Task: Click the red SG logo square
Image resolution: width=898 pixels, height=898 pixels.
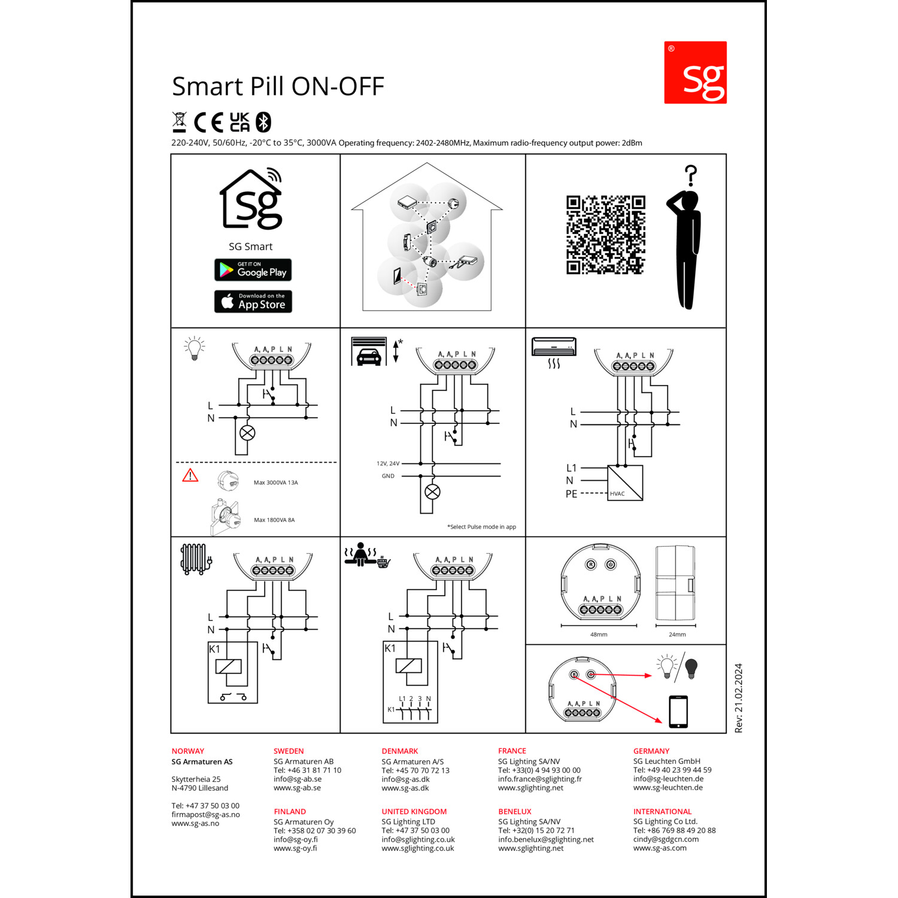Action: [x=695, y=72]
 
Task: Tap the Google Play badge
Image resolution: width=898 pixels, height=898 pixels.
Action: [x=253, y=270]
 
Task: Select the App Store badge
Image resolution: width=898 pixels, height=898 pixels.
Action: [x=253, y=302]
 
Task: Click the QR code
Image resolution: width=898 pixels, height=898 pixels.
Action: [x=606, y=235]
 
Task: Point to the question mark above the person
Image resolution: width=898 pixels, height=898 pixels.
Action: [x=691, y=175]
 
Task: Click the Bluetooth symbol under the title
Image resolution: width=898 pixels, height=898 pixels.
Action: [x=263, y=122]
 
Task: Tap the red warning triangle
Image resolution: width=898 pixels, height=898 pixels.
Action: [x=190, y=475]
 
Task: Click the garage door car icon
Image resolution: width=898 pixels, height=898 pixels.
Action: [x=369, y=351]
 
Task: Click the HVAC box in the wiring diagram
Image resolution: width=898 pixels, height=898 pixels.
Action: [x=625, y=483]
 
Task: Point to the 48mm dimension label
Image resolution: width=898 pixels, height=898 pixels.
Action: [x=599, y=635]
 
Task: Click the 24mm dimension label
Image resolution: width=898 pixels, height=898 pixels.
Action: [x=677, y=635]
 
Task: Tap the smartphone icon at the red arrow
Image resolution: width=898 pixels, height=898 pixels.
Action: [x=678, y=712]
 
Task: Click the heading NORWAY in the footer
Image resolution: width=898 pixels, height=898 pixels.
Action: [x=188, y=751]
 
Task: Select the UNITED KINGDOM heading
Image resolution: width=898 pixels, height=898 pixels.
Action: [x=414, y=812]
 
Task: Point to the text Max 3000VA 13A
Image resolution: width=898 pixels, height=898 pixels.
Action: [x=275, y=483]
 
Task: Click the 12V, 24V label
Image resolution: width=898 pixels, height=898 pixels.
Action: [x=388, y=463]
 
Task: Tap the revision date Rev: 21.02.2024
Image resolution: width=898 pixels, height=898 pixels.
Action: [x=739, y=698]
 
